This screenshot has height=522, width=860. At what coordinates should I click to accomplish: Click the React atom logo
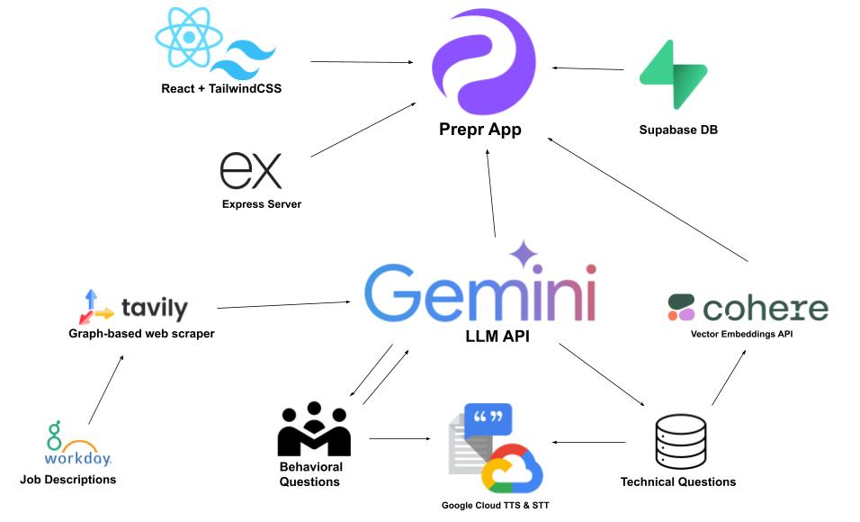tap(189, 38)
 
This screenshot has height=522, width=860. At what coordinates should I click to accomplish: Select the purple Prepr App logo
tap(483, 60)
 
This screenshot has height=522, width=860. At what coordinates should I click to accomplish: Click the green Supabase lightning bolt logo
tap(673, 75)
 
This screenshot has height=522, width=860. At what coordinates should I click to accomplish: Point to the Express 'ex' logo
tap(251, 171)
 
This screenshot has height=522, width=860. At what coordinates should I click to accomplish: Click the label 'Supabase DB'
tap(677, 130)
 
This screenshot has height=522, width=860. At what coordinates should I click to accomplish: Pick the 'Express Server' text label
tap(262, 204)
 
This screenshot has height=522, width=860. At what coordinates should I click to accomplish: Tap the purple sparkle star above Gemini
tap(524, 255)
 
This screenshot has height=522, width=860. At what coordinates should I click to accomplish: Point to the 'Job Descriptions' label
tap(68, 480)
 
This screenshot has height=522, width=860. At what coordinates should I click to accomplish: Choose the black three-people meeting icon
tap(313, 429)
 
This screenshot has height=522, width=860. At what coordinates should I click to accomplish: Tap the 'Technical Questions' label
tap(678, 481)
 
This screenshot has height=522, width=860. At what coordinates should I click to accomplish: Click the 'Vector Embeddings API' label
tap(748, 334)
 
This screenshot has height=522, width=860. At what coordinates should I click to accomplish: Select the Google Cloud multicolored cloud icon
tap(512, 469)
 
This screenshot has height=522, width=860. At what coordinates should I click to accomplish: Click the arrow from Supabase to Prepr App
tap(588, 68)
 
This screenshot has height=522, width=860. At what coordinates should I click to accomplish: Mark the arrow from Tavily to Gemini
tap(284, 305)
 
